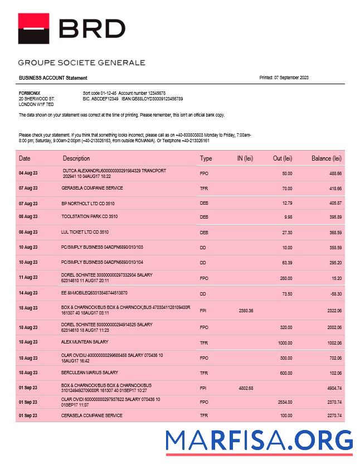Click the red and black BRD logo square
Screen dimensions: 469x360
click(33, 28)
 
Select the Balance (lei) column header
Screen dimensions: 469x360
click(326, 158)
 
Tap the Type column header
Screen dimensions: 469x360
click(206, 158)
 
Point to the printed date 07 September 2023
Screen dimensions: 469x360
click(284, 78)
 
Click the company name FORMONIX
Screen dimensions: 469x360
click(29, 93)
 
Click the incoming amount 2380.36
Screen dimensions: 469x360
click(246, 311)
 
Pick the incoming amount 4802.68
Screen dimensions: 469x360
click(246, 388)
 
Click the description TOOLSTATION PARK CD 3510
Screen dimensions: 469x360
click(89, 216)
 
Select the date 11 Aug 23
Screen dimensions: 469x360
click(28, 277)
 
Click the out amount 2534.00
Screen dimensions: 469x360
click(284, 402)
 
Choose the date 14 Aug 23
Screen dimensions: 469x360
click(28, 293)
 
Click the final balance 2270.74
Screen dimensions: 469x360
click(333, 415)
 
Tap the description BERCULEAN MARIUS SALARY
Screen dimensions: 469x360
click(90, 373)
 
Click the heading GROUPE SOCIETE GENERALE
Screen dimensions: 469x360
click(81, 62)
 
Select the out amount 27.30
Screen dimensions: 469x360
click(286, 232)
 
